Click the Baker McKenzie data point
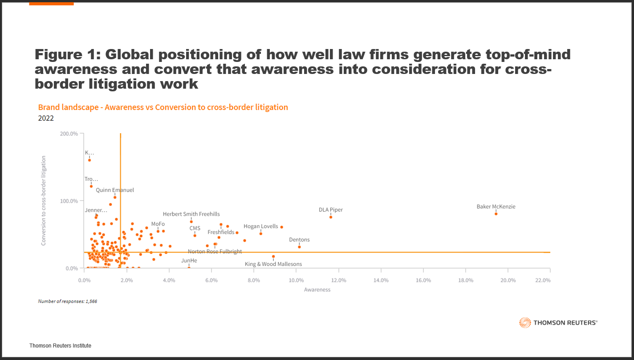click(x=496, y=214)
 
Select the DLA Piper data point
click(x=331, y=217)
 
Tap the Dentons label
click(x=299, y=240)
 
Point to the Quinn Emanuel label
click(x=115, y=190)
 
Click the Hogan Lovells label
click(x=260, y=226)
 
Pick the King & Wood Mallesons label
click(x=273, y=264)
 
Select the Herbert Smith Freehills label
click(x=191, y=214)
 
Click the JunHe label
click(x=189, y=261)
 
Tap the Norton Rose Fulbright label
click(x=215, y=251)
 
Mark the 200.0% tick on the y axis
click(x=69, y=134)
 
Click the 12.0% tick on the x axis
click(x=338, y=280)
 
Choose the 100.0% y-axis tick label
click(x=69, y=201)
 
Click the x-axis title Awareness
click(x=317, y=290)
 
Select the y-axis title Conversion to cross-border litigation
click(x=44, y=200)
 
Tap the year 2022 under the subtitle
click(x=46, y=118)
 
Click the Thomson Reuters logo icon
click(x=524, y=323)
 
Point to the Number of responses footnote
click(x=68, y=302)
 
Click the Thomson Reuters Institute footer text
click(x=60, y=346)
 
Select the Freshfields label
click(x=221, y=232)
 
